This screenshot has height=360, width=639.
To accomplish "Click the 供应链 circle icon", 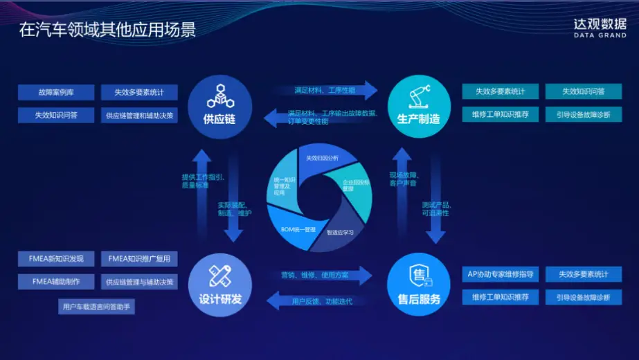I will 219,101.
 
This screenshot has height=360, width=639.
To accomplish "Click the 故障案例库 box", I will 57,93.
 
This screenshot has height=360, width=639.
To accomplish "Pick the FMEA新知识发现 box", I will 57,259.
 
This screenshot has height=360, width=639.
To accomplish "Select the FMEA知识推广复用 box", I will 139,259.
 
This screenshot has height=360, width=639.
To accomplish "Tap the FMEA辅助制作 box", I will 57,282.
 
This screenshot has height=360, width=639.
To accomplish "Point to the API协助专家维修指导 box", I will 500,274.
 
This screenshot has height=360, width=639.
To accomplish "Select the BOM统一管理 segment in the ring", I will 298,228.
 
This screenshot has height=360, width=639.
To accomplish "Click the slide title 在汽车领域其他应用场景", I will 107,29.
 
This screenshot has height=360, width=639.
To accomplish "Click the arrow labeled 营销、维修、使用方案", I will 320,276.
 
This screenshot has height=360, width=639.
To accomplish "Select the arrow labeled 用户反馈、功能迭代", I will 320,301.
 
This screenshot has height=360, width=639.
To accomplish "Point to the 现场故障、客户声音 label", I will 403,179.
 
